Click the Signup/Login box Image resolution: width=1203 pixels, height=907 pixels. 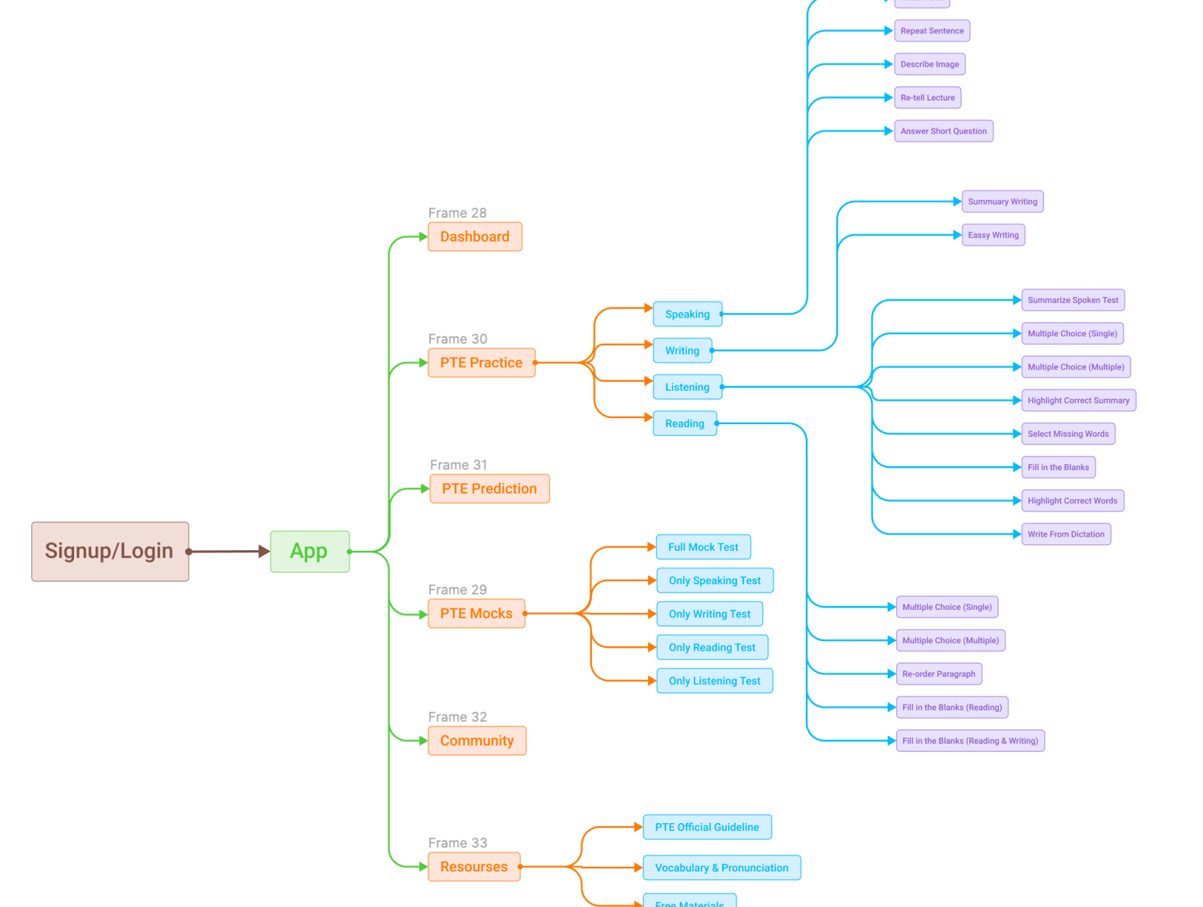click(x=110, y=551)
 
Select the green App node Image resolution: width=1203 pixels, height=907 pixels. click(x=309, y=551)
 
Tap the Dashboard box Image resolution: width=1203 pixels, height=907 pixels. click(x=475, y=237)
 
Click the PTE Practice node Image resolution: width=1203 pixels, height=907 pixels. click(x=481, y=363)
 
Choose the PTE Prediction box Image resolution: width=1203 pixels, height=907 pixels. click(x=489, y=489)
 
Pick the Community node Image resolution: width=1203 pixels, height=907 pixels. click(x=476, y=741)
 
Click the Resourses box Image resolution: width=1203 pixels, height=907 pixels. click(x=473, y=867)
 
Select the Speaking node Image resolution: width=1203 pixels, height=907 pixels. click(x=687, y=314)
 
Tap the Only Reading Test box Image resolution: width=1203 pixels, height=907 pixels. click(x=712, y=648)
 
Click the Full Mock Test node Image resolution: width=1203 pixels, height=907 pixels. click(x=702, y=547)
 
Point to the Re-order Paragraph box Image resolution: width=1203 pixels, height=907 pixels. click(x=938, y=674)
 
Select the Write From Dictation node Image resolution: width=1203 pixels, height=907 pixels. click(x=1065, y=534)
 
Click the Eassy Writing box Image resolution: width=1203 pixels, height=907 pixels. click(x=993, y=235)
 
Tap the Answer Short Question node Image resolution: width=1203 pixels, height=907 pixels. click(x=943, y=132)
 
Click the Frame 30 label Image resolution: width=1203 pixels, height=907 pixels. click(x=457, y=339)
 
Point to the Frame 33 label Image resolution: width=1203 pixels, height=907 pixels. click(x=457, y=843)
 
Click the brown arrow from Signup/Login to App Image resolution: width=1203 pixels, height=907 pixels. click(x=227, y=552)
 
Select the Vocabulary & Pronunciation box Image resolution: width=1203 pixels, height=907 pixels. click(x=721, y=868)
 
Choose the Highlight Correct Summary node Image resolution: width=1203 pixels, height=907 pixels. click(x=1078, y=401)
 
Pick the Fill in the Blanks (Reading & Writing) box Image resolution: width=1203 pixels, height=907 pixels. click(x=969, y=741)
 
